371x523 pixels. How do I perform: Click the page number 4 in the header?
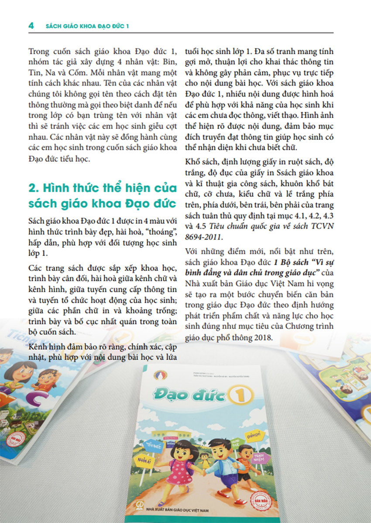pos(31,26)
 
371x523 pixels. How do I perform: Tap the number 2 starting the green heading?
pos(32,188)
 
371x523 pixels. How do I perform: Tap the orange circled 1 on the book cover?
pos(236,396)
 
